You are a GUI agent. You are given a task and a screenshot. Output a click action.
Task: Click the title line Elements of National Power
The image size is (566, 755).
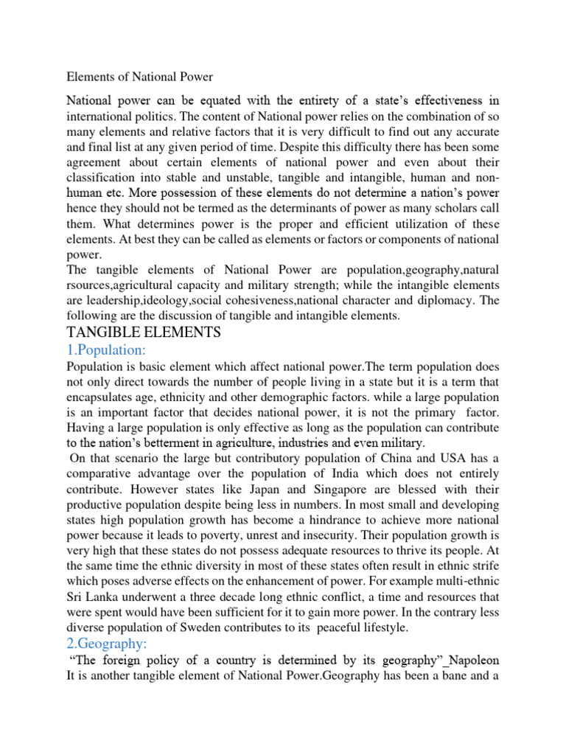tap(140, 76)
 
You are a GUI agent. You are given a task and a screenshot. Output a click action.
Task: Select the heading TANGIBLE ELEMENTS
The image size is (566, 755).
tap(144, 333)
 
